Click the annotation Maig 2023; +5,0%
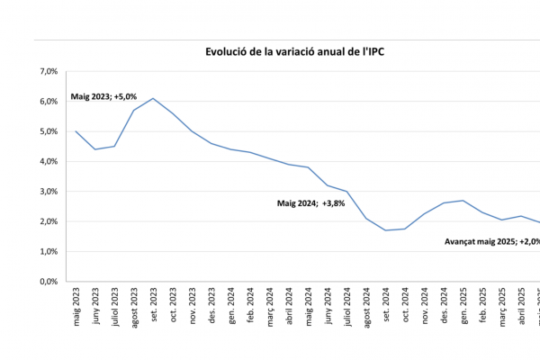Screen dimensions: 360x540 click(x=102, y=96)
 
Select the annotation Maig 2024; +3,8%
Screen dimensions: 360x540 click(x=310, y=203)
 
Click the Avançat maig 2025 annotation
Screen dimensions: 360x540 click(x=491, y=241)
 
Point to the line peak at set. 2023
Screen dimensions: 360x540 click(x=153, y=98)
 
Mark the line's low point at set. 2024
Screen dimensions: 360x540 click(x=385, y=230)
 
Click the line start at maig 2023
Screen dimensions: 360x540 click(x=76, y=131)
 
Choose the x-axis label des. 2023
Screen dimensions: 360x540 click(x=211, y=306)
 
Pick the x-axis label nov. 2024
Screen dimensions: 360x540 click(x=425, y=306)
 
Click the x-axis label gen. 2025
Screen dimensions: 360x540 click(x=463, y=306)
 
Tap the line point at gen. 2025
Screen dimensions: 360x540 click(x=463, y=201)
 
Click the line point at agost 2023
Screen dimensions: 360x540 click(x=134, y=110)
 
